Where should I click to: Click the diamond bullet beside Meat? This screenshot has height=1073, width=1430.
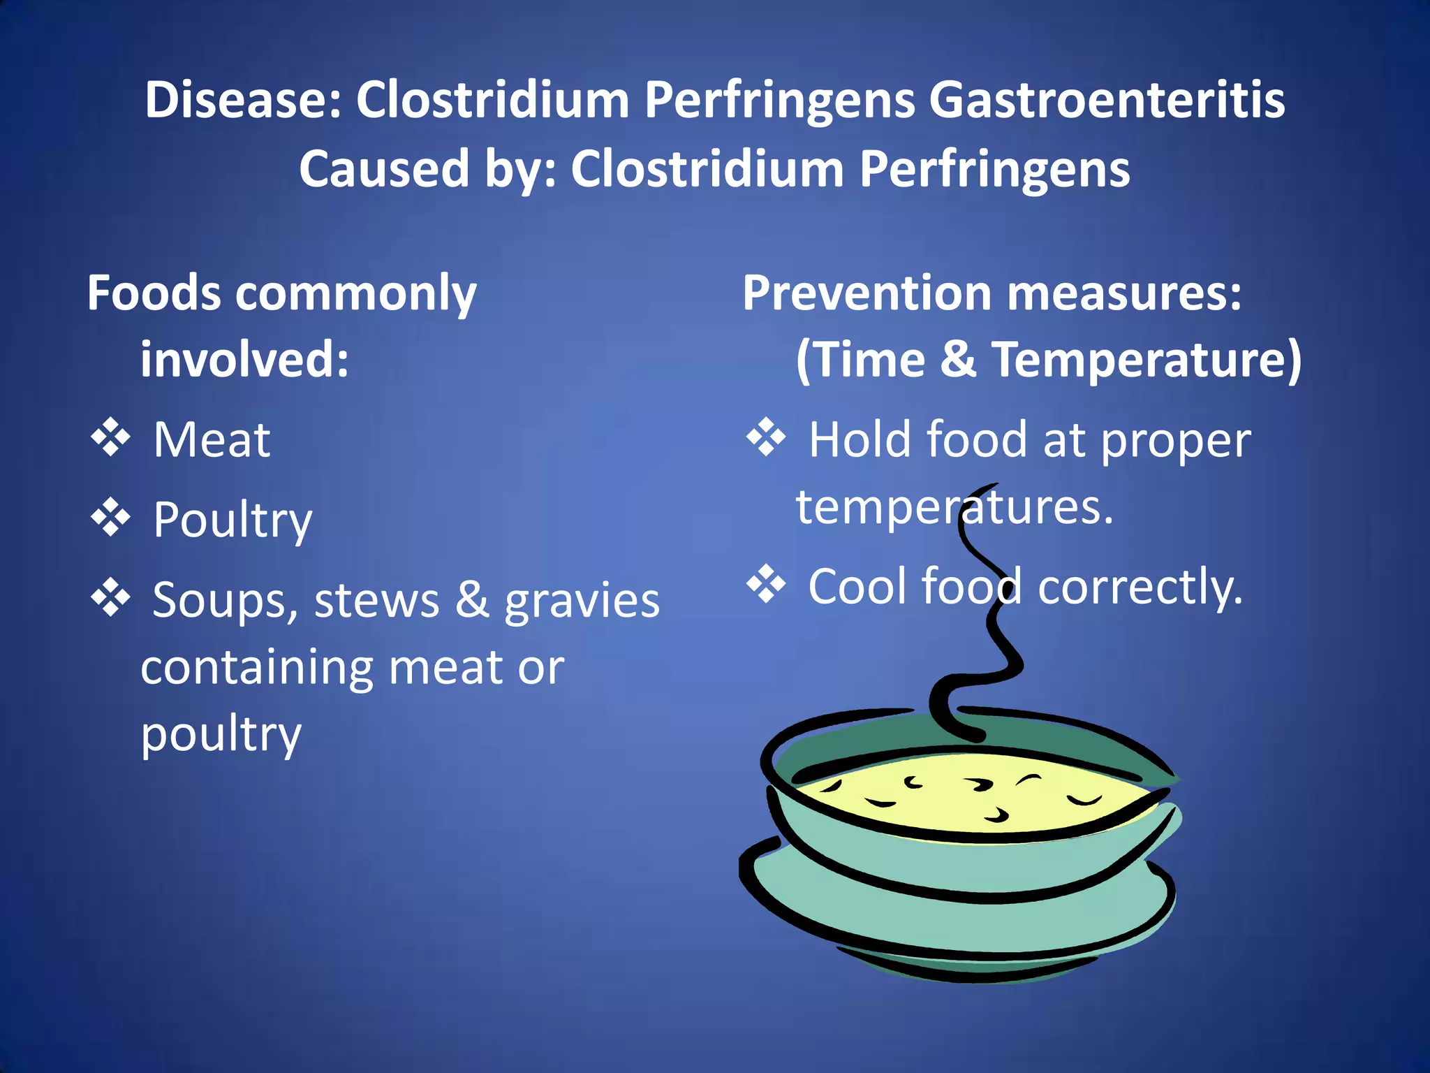coord(111,438)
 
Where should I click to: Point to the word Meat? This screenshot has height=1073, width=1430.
coord(212,440)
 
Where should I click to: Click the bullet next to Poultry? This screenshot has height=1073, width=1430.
coord(111,518)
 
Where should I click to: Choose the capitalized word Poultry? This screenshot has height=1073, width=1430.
coord(233,520)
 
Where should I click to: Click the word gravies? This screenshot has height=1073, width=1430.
coord(582,601)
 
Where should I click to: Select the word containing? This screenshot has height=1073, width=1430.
coord(256,668)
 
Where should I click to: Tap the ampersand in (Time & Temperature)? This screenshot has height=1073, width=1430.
coord(958,360)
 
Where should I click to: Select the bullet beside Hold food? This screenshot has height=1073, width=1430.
coord(766,438)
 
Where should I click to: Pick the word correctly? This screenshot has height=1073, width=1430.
coord(1140,587)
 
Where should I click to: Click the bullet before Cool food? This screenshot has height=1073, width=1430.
coord(766,584)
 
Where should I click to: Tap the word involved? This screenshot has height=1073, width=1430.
coord(244,360)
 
